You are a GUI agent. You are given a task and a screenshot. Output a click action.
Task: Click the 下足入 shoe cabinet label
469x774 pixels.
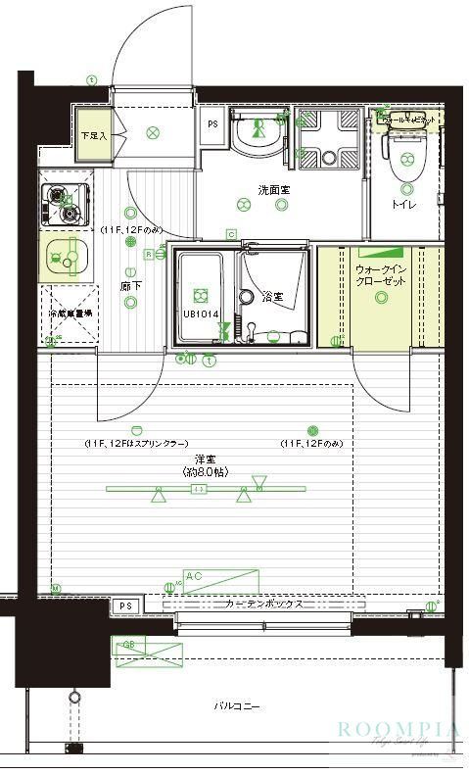coord(92,134)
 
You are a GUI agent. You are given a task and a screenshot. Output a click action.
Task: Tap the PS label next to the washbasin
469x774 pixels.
coord(212,124)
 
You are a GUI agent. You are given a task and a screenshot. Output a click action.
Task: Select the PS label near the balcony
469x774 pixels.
coord(124,606)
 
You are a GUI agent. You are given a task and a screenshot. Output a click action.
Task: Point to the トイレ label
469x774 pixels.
coord(401,204)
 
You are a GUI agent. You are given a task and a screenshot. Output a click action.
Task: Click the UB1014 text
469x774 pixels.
coord(201,314)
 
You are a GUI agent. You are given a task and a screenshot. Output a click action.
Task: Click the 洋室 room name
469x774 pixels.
coord(204,459)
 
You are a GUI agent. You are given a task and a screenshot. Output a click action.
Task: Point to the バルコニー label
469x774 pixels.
coord(236,705)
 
